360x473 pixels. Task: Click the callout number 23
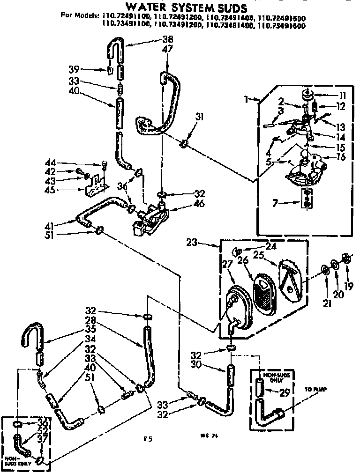(204, 243)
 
